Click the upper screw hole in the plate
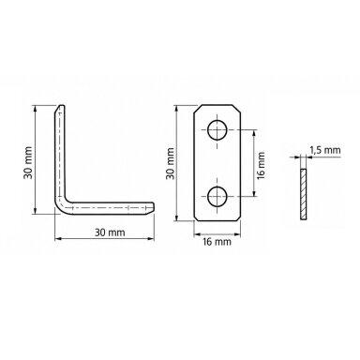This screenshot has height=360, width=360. [217, 129]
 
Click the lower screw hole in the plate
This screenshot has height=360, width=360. [217, 197]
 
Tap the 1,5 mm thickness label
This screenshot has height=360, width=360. [325, 150]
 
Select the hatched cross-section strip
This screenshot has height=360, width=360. [303, 194]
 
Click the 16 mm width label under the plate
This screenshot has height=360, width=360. [217, 242]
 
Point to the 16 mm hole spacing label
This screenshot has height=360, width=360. [262, 165]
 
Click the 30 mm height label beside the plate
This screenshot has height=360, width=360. [171, 163]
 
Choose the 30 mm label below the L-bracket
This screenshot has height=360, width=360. [110, 232]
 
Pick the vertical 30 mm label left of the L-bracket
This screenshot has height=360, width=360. [28, 162]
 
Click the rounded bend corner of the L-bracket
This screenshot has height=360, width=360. [61, 206]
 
